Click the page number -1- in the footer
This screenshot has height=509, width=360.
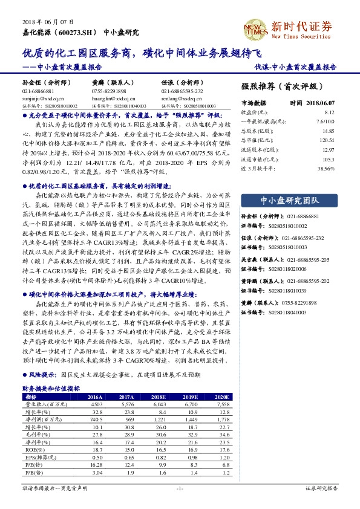[x=179, y=487]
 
